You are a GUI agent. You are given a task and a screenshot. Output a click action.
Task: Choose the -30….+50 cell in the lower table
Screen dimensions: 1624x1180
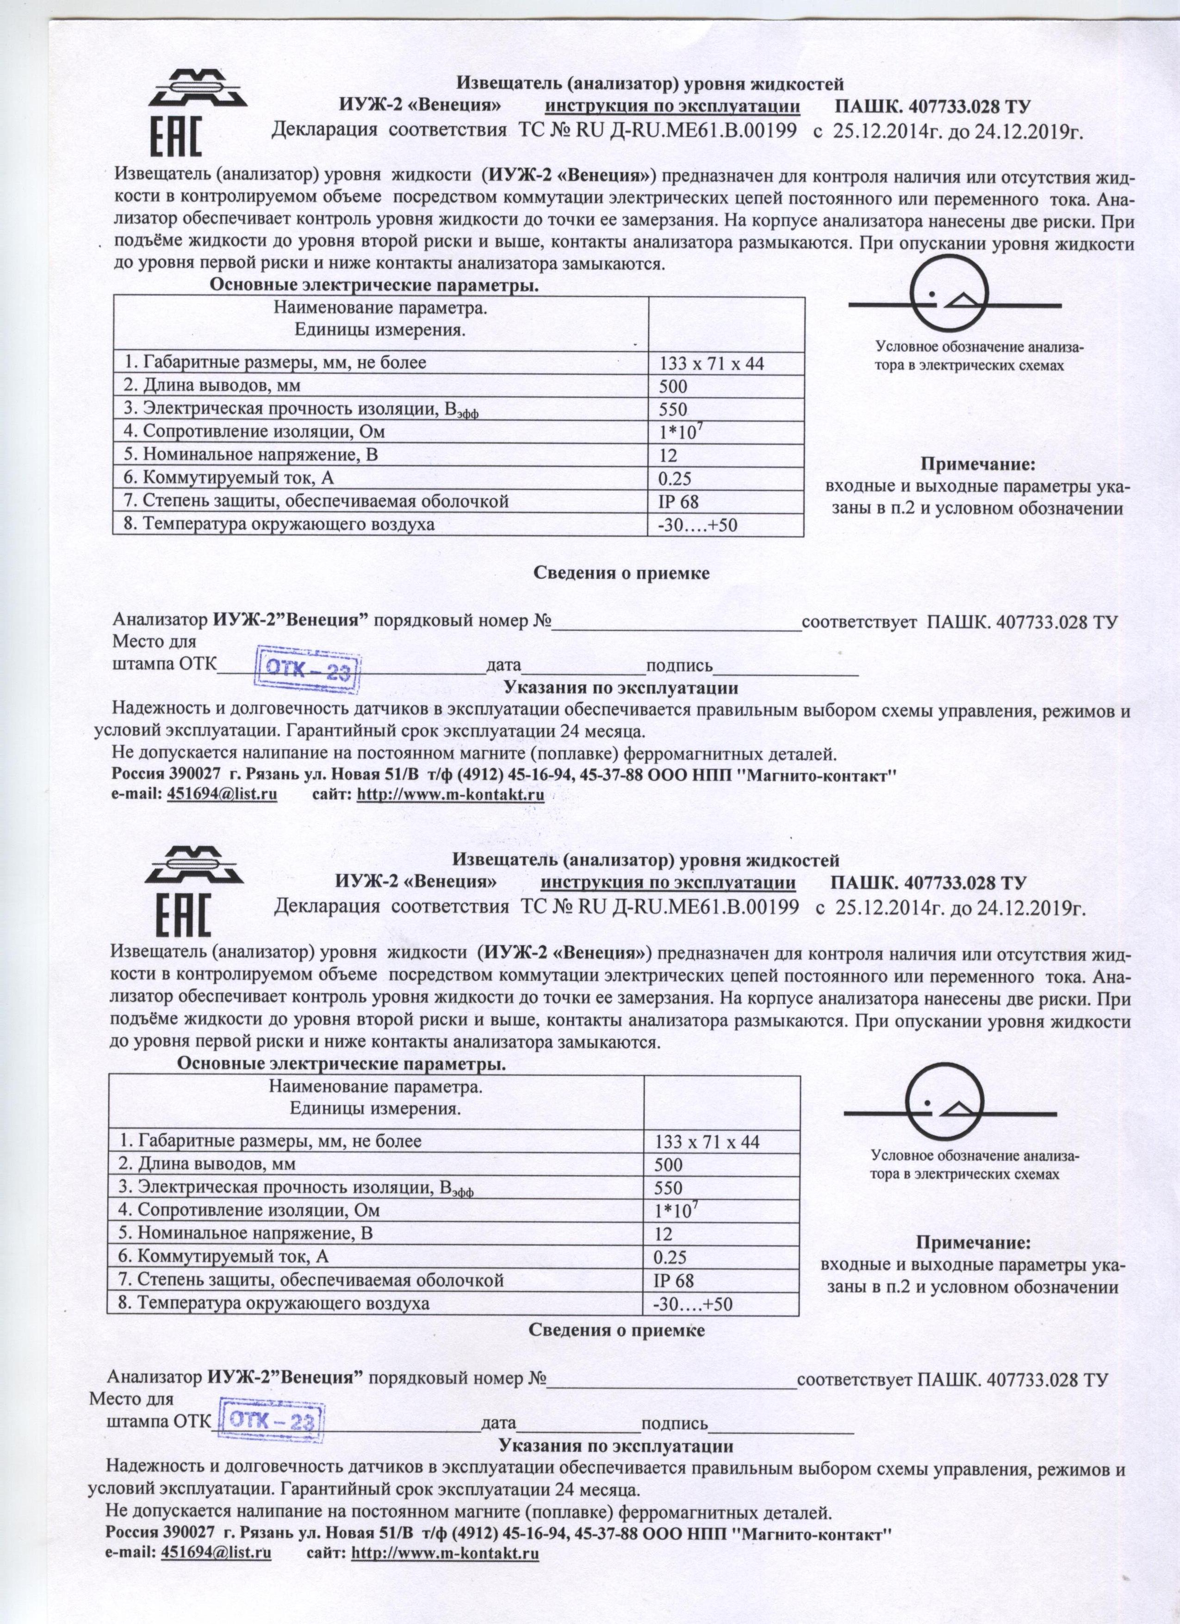point(692,1303)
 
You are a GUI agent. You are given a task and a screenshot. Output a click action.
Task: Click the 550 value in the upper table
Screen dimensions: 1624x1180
point(672,409)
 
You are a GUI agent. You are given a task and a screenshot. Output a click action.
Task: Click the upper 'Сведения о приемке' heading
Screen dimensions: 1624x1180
point(621,574)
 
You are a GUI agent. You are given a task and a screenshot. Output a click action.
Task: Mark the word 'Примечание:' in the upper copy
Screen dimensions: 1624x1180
point(977,464)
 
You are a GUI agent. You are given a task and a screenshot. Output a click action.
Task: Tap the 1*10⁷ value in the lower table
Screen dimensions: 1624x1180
point(675,1209)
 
